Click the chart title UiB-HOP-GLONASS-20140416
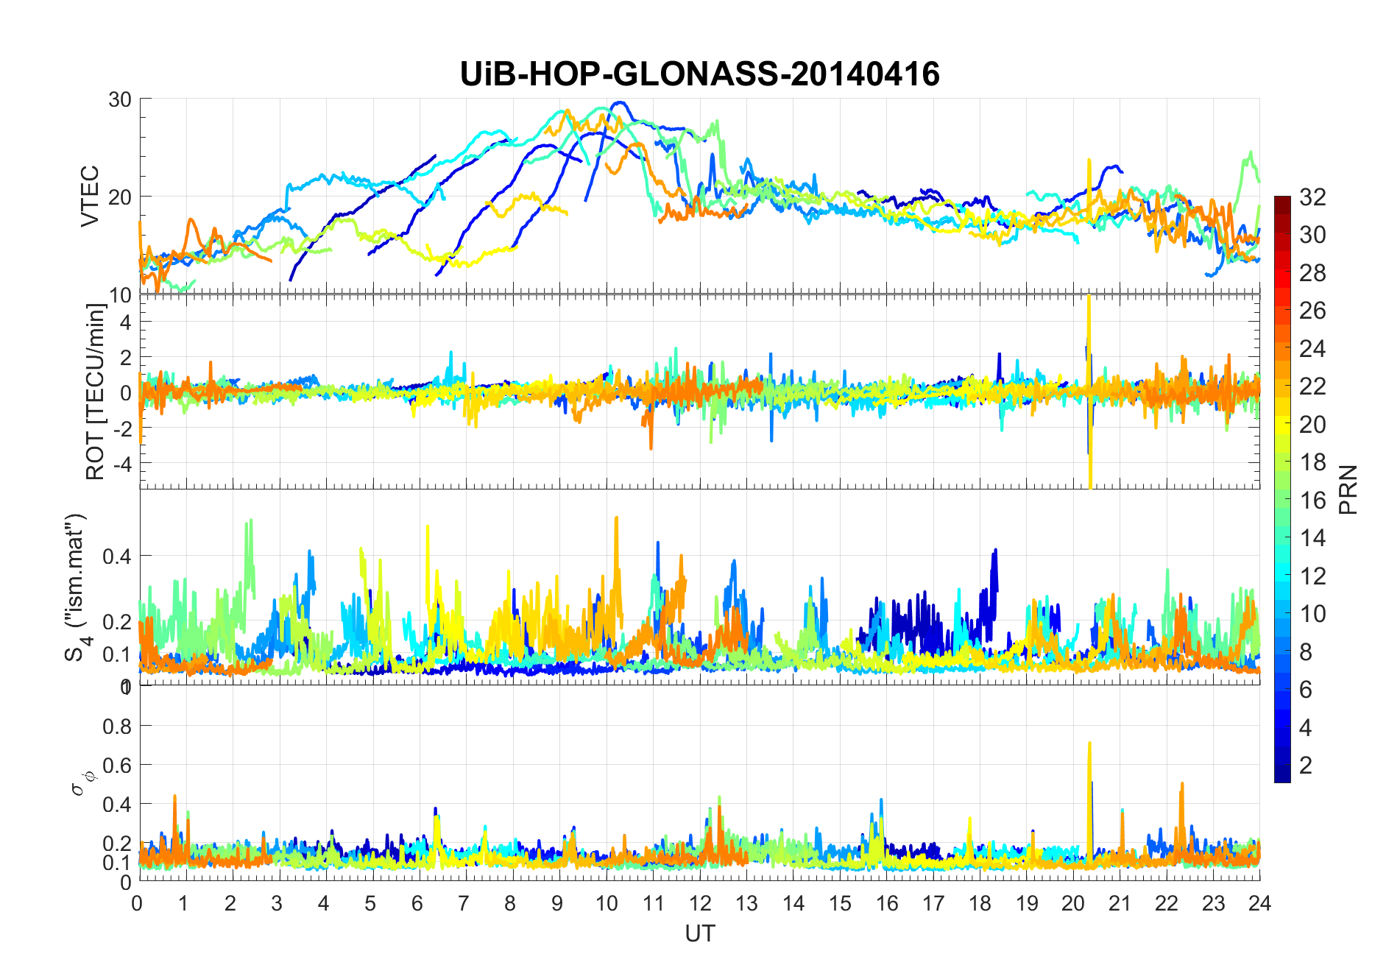(699, 74)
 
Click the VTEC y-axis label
(90, 196)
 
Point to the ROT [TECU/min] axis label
(96, 392)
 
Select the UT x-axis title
(699, 933)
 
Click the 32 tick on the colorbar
(1312, 197)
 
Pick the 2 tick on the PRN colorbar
(1306, 765)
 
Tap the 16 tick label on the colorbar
(1312, 500)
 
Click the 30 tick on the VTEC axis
(120, 99)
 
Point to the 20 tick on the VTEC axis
(120, 197)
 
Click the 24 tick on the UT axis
(1259, 903)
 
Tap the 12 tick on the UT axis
(700, 903)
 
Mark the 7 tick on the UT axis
(464, 903)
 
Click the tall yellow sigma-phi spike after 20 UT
(1089, 745)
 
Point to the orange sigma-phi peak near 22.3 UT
(1181, 785)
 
